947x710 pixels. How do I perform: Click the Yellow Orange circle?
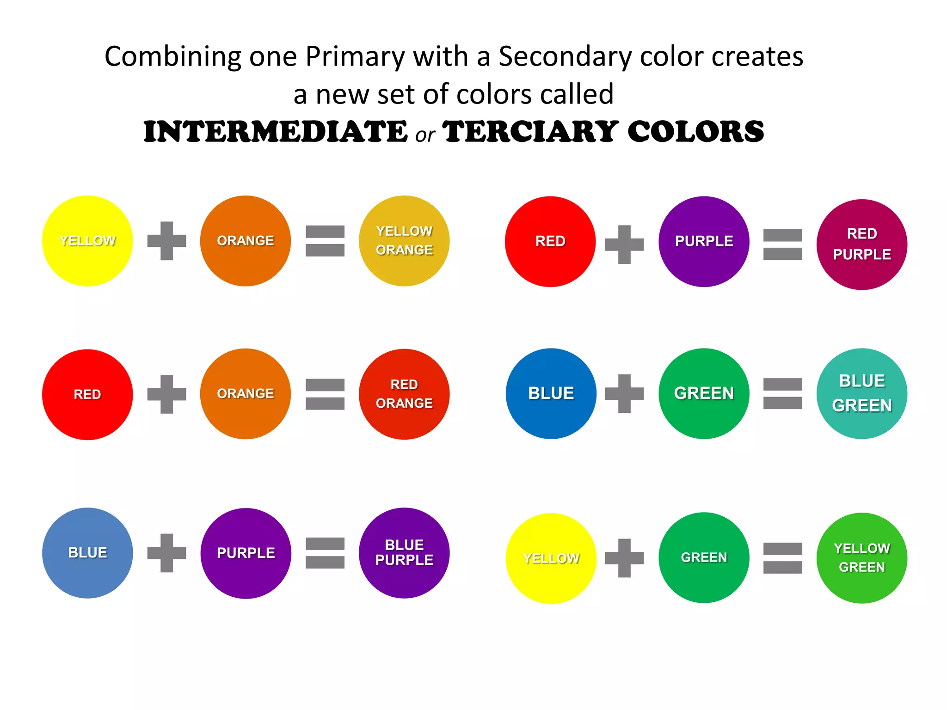tap(404, 241)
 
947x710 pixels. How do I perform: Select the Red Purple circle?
tap(862, 245)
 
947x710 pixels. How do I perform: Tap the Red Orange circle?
tap(404, 394)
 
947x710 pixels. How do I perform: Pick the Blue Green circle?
tap(862, 393)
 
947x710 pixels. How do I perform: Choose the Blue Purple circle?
tap(404, 553)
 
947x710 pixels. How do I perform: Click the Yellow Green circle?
tap(862, 558)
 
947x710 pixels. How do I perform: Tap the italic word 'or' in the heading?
tap(425, 135)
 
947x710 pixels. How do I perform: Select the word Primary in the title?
tap(355, 57)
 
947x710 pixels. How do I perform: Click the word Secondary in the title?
tap(565, 57)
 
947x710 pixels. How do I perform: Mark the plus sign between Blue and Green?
tap(624, 393)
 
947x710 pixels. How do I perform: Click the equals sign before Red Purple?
tap(782, 245)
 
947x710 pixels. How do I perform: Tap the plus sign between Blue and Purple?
tap(166, 553)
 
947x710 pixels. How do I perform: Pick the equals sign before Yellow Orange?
tap(325, 241)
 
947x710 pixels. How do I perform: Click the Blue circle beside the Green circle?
tap(551, 393)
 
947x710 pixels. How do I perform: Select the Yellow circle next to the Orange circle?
tap(87, 241)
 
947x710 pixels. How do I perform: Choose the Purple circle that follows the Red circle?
tap(704, 241)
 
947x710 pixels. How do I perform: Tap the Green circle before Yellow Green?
tap(704, 557)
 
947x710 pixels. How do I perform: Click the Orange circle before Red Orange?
tap(246, 394)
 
